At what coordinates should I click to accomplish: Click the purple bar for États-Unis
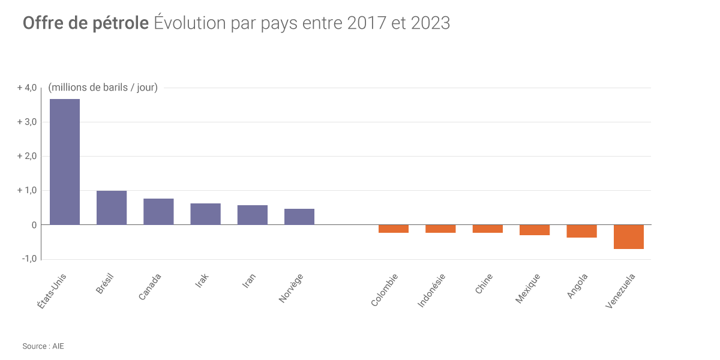(x=65, y=162)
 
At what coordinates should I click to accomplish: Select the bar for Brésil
(x=112, y=208)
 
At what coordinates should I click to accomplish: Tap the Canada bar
(x=158, y=212)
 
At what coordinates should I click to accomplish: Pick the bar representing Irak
(x=205, y=214)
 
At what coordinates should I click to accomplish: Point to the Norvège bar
(x=299, y=217)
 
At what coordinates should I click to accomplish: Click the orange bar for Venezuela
(x=629, y=236)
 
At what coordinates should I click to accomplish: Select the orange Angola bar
(x=581, y=231)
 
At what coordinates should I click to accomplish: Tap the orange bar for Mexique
(x=535, y=230)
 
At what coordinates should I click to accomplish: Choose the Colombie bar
(x=394, y=229)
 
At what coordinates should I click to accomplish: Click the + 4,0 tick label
(x=27, y=88)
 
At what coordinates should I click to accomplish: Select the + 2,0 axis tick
(x=27, y=156)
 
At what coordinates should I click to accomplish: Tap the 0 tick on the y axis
(x=34, y=225)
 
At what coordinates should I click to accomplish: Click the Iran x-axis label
(x=249, y=281)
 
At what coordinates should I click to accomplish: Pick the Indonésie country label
(x=431, y=291)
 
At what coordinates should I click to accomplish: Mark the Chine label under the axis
(x=484, y=284)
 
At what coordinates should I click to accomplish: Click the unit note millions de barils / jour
(x=103, y=88)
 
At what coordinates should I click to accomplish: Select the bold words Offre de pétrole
(x=86, y=23)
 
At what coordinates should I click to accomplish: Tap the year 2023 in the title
(x=430, y=23)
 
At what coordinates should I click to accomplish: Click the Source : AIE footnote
(x=43, y=346)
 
